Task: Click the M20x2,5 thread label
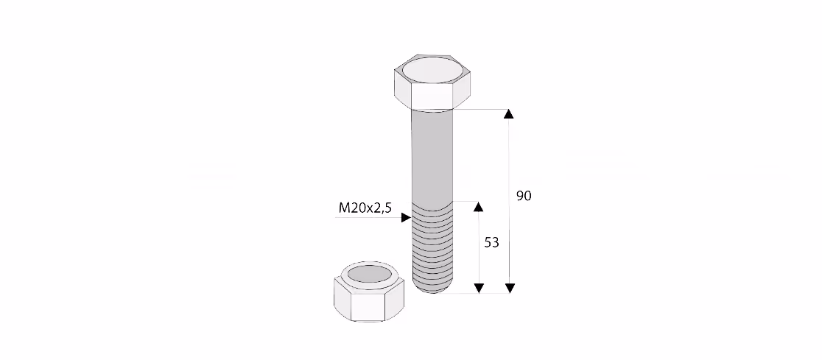click(365, 208)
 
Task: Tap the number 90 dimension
click(524, 196)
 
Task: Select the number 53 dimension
click(491, 243)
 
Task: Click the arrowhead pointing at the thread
click(406, 217)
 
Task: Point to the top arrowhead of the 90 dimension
click(509, 114)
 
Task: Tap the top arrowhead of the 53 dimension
click(478, 206)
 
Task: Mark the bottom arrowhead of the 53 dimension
click(479, 288)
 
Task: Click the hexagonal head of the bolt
click(432, 82)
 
